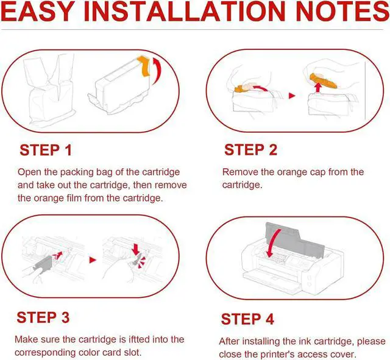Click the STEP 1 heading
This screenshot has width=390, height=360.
[46, 150]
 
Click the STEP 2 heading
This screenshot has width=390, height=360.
[250, 150]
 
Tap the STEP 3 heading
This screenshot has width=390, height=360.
[43, 317]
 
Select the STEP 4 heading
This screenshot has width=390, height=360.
[247, 319]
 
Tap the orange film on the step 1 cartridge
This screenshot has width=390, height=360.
[144, 66]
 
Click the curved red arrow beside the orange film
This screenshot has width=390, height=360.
[157, 71]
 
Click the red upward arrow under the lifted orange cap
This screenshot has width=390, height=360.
[317, 88]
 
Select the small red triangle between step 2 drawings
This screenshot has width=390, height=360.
[292, 96]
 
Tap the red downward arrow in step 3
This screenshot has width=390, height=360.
[136, 249]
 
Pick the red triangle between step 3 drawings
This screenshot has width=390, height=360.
[93, 260]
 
